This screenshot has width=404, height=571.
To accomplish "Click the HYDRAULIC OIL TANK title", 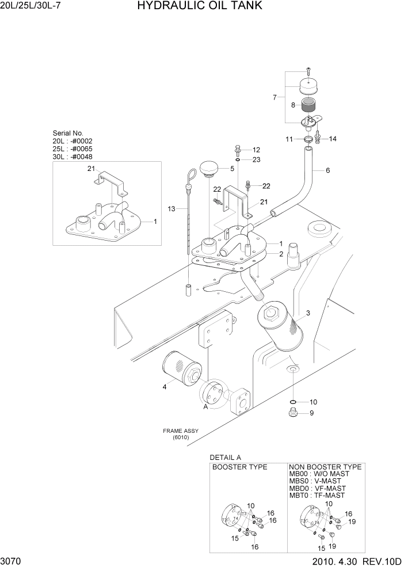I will [x=192, y=6].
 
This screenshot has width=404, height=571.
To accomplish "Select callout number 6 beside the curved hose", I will [x=327, y=170].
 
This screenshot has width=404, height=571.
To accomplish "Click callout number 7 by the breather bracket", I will [x=275, y=97].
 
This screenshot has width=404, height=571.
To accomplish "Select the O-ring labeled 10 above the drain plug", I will [x=293, y=402].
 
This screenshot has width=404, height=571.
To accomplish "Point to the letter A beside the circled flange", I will [x=205, y=406].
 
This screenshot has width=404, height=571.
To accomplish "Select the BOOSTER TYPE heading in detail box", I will [x=240, y=467].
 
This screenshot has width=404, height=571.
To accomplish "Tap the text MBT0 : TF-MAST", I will [x=317, y=495].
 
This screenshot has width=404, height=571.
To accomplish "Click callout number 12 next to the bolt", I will [x=256, y=150].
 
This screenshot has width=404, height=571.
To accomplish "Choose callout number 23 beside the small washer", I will [x=256, y=159].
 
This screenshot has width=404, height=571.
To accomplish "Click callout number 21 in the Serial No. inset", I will [x=90, y=169].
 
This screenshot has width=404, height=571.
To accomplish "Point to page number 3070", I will [x=12, y=561].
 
